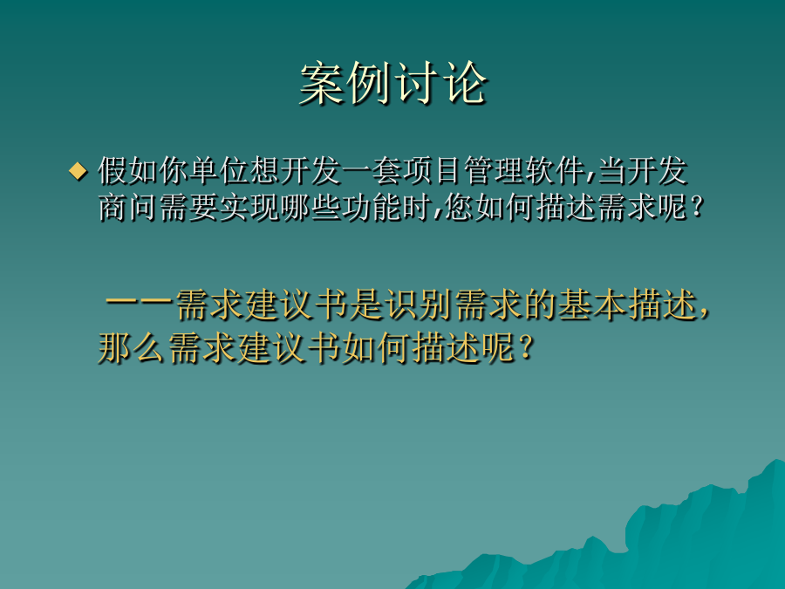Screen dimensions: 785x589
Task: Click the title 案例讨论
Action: pyautogui.click(x=393, y=84)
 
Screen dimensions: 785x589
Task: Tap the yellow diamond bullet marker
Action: pyautogui.click(x=78, y=171)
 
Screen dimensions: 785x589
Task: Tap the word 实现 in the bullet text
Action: pyautogui.click(x=249, y=208)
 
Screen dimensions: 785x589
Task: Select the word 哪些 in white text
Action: pyautogui.click(x=311, y=208)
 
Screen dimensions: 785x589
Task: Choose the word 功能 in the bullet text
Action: pyautogui.click(x=372, y=208)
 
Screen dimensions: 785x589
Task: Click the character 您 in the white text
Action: pyautogui.click(x=459, y=208)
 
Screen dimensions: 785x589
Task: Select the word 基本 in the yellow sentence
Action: pyautogui.click(x=593, y=305)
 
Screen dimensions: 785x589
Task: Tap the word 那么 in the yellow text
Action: pyautogui.click(x=132, y=347)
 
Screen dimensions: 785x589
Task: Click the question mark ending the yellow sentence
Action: pyautogui.click(x=525, y=347)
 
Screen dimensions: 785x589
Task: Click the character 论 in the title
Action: pyautogui.click(x=466, y=84)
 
